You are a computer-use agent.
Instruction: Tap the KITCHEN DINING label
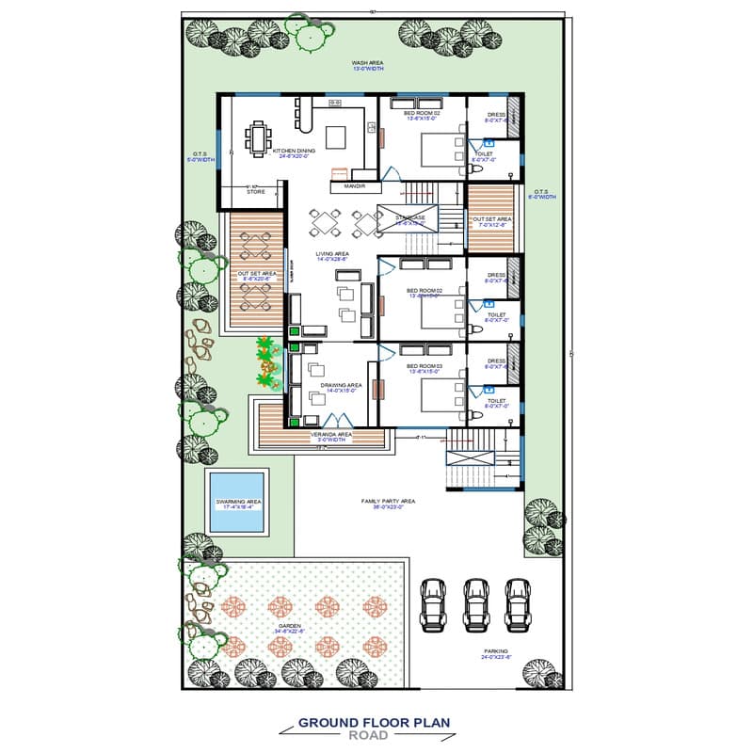[294, 151]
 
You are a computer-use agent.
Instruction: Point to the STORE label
[255, 191]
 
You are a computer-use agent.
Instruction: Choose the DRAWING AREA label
[342, 385]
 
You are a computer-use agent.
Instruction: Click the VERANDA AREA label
[332, 435]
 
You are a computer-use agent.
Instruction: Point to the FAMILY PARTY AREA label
[388, 502]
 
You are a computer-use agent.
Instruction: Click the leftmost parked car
[432, 602]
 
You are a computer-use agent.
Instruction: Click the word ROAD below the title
[374, 735]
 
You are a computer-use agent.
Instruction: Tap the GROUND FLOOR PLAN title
[374, 723]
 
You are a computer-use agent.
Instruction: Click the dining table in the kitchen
[258, 139]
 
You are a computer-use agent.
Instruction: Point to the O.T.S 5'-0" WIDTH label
[200, 156]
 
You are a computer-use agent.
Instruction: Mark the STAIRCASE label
[411, 218]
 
